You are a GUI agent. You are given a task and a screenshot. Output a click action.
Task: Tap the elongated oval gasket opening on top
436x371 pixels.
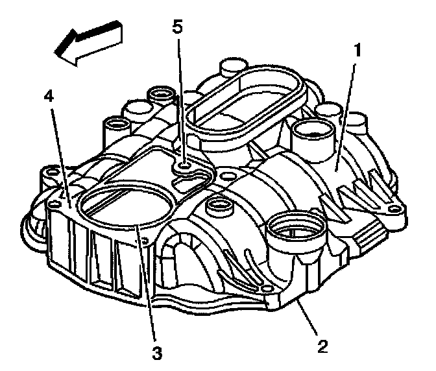[243, 104]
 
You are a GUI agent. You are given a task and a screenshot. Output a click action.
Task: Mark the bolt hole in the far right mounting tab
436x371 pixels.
[393, 209]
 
